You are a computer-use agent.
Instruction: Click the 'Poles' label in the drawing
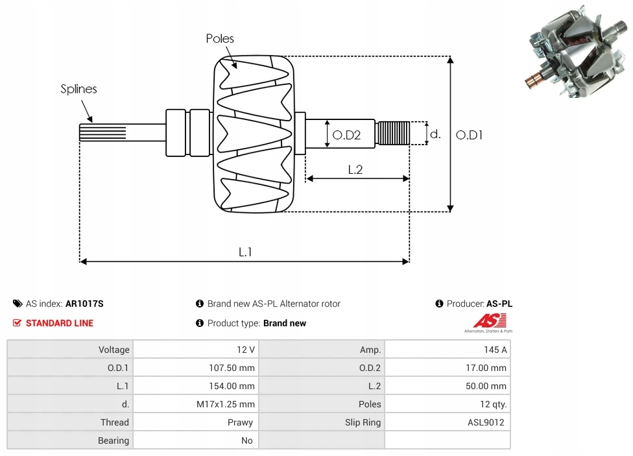click(220, 38)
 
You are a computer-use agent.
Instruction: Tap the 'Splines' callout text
click(78, 89)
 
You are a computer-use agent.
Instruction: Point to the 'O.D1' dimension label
click(469, 135)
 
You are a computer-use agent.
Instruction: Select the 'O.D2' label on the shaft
click(346, 135)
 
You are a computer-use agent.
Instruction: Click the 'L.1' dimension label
click(245, 252)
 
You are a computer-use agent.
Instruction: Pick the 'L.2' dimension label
click(355, 170)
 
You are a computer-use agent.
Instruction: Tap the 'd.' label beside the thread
click(435, 134)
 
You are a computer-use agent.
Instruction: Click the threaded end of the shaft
click(392, 133)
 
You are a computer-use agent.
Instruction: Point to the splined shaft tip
click(102, 132)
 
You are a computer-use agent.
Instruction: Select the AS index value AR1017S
click(84, 304)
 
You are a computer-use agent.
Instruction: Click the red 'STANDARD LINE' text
click(60, 323)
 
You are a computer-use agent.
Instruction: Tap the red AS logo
click(489, 322)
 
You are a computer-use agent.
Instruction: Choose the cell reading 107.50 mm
click(232, 368)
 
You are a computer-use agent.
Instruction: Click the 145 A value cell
click(496, 350)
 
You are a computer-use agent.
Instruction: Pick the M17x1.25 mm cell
click(226, 404)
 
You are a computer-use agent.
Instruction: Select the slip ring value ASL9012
click(486, 422)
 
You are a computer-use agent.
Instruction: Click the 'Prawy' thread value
click(240, 422)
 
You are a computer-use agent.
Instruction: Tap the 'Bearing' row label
click(113, 440)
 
